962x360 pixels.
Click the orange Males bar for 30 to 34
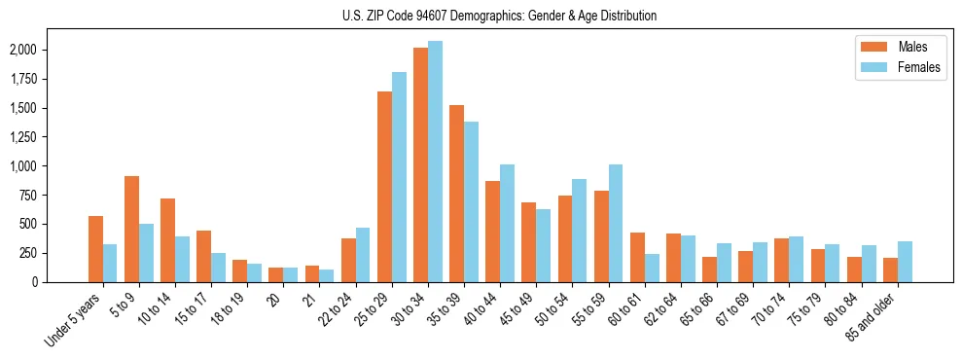(420, 164)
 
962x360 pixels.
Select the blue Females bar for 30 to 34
(435, 162)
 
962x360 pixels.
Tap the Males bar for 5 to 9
(131, 229)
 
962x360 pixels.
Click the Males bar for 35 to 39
(456, 194)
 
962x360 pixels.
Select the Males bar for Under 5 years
(95, 249)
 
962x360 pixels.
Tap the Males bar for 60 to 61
(637, 257)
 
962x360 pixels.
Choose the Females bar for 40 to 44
(507, 223)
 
